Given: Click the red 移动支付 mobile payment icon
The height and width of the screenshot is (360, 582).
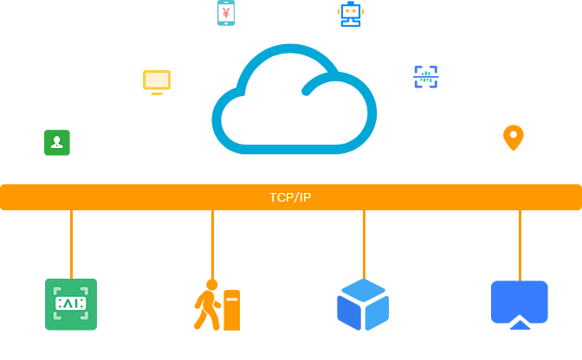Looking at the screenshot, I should pyautogui.click(x=226, y=13).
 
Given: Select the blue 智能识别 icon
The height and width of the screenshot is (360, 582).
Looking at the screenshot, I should pyautogui.click(x=351, y=13).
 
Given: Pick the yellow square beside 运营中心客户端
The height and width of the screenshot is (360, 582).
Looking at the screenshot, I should pyautogui.click(x=157, y=82).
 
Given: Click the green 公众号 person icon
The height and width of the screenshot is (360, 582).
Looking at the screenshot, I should pyautogui.click(x=57, y=142).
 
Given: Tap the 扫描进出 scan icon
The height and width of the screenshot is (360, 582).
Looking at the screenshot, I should pyautogui.click(x=426, y=76).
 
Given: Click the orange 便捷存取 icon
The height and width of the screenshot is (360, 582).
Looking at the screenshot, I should pyautogui.click(x=514, y=137).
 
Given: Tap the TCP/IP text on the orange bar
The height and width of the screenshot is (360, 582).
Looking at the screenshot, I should pyautogui.click(x=290, y=197).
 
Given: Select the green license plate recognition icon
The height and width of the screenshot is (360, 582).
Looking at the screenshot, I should pyautogui.click(x=70, y=304).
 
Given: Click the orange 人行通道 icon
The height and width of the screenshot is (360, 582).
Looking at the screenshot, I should pyautogui.click(x=217, y=305).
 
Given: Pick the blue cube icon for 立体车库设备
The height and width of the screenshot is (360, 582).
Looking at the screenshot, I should pyautogui.click(x=363, y=305).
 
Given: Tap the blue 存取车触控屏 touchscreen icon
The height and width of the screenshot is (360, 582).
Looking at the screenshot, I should pyautogui.click(x=520, y=305).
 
